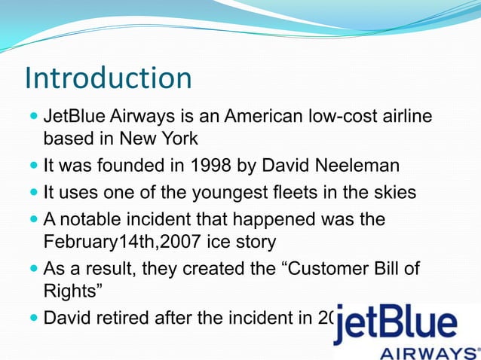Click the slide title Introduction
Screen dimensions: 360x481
tap(108, 78)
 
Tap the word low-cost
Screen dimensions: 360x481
tap(342, 117)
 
